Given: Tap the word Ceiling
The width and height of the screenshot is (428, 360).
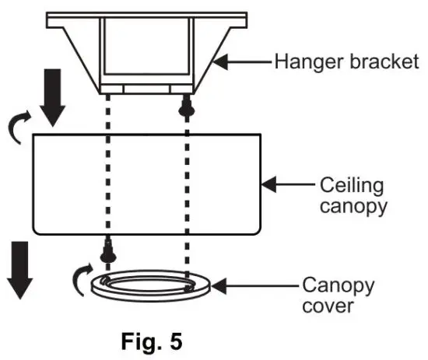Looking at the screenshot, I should (x=349, y=186).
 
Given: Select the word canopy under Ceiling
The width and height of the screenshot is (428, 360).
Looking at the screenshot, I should (x=351, y=209).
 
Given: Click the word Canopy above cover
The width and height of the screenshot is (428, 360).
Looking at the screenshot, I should (x=339, y=286).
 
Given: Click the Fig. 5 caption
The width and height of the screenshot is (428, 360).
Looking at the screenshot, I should (x=153, y=341).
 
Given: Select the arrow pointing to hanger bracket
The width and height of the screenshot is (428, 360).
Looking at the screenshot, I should (x=242, y=61).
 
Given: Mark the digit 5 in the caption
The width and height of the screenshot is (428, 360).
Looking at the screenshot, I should (x=177, y=341).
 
